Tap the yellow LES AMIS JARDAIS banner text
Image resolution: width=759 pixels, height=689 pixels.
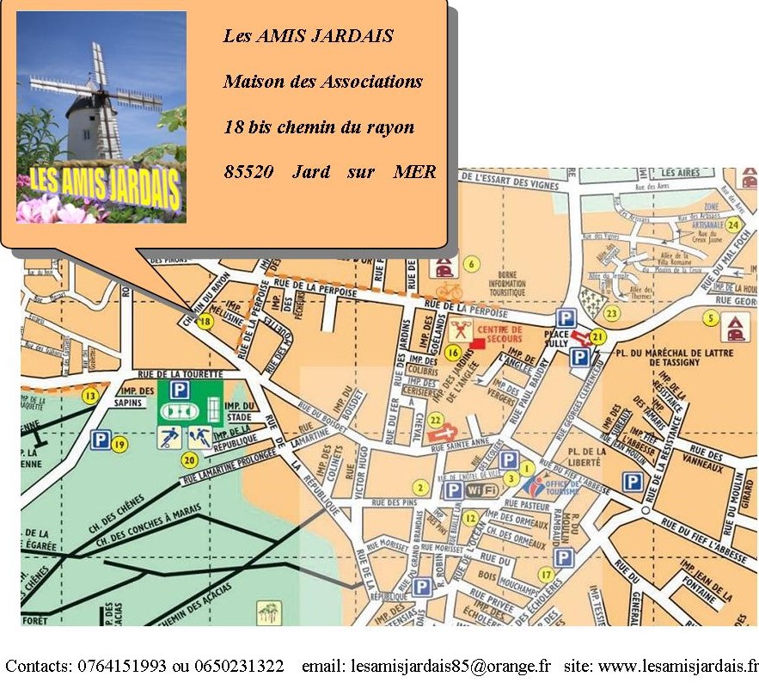click(x=101, y=183)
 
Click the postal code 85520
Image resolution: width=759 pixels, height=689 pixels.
click(x=248, y=171)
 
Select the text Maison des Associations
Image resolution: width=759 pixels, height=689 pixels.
click(x=322, y=82)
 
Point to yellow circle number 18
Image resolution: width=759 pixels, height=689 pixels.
click(x=205, y=322)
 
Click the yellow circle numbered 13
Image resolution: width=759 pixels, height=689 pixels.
click(x=90, y=396)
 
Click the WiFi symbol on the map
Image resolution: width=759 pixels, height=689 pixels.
click(x=482, y=490)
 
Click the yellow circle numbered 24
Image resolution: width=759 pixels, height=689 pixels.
click(x=732, y=225)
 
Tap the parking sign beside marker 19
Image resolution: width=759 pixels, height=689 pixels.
click(x=101, y=441)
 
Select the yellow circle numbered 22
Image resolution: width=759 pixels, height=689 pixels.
click(x=436, y=420)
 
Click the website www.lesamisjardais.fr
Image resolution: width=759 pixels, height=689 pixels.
click(x=678, y=666)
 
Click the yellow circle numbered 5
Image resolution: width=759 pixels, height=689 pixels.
click(x=710, y=318)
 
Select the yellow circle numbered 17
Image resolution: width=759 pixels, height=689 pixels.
click(x=545, y=575)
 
